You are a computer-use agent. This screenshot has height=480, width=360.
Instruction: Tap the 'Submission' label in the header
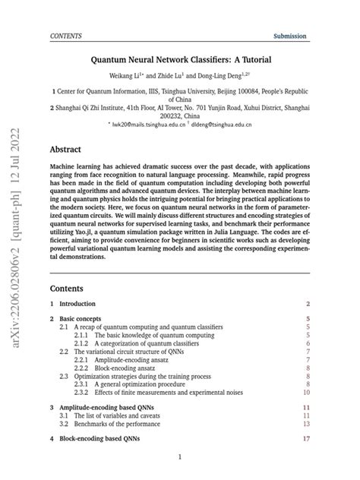point(290,36)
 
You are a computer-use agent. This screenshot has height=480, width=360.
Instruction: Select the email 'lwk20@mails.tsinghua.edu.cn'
point(148,124)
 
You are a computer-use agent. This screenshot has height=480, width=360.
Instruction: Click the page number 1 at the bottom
point(179,458)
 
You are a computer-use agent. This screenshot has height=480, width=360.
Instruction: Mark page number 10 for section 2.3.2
point(307,393)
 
